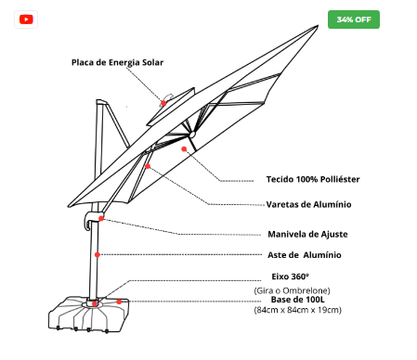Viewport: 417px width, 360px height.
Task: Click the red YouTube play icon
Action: (26, 19)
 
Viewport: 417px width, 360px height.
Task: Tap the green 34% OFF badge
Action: (354, 19)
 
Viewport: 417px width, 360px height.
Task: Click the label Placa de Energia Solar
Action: (117, 62)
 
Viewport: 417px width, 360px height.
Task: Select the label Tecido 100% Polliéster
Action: (313, 179)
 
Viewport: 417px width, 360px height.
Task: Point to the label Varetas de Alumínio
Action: (308, 204)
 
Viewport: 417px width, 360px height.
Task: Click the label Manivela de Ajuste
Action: (307, 234)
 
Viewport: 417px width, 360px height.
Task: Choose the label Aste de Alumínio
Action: (305, 255)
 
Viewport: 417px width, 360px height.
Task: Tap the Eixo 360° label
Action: (290, 276)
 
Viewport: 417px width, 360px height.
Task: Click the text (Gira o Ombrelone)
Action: (292, 290)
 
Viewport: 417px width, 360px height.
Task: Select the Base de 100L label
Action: (297, 300)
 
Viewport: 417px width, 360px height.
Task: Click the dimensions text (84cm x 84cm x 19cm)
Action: (297, 310)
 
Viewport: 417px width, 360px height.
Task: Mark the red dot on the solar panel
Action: (163, 103)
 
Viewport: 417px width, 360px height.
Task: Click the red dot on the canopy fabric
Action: (184, 149)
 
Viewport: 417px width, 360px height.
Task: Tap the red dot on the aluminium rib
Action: (148, 166)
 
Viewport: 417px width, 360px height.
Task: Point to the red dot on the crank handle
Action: (101, 219)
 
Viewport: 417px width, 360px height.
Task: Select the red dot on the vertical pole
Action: (98, 255)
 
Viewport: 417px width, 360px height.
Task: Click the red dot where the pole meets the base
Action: (95, 303)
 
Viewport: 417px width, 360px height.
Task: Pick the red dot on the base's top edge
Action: (119, 302)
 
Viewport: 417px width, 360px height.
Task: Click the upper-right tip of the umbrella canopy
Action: (318, 26)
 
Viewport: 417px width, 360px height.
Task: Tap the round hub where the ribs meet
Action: (192, 135)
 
